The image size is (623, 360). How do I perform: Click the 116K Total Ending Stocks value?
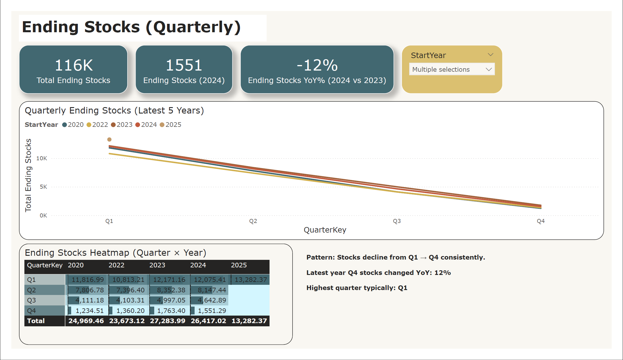click(x=73, y=65)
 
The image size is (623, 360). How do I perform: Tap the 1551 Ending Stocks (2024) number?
click(x=184, y=65)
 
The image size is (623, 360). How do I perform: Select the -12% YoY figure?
click(x=317, y=65)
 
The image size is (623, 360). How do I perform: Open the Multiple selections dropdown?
click(x=452, y=69)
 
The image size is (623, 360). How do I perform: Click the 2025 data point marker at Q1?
click(x=109, y=140)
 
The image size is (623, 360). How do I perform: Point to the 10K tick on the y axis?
click(x=42, y=158)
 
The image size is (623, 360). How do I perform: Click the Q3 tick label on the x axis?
click(x=397, y=221)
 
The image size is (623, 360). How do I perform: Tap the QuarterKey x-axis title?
click(x=325, y=230)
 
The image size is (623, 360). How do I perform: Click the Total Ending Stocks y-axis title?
click(x=28, y=175)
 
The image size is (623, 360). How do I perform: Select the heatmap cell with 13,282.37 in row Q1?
click(x=250, y=280)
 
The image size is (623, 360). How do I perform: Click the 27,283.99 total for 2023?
click(x=168, y=321)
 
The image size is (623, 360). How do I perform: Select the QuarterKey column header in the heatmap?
click(x=45, y=265)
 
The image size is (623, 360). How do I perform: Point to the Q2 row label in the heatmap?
click(x=31, y=290)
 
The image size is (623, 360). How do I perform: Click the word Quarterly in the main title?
click(x=193, y=27)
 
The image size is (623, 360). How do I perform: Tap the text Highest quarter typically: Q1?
click(x=357, y=288)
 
